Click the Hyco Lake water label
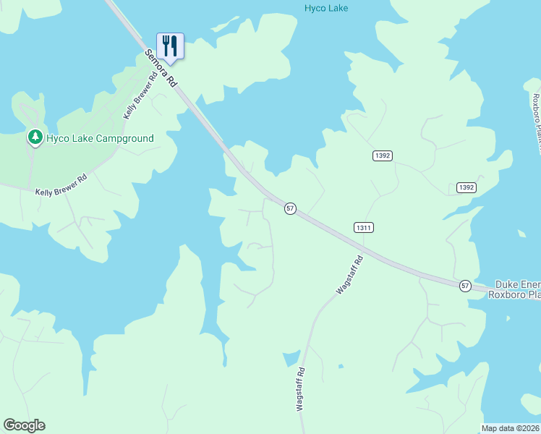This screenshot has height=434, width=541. click(x=325, y=8)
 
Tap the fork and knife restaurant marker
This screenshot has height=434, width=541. click(x=170, y=46)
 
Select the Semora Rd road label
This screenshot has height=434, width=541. click(x=161, y=69)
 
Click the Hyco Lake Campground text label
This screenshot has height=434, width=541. click(x=100, y=138)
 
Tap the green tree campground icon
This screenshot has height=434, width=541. click(x=34, y=137)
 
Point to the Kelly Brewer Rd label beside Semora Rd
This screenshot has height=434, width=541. click(x=140, y=97)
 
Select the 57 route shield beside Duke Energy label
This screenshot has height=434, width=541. click(x=465, y=286)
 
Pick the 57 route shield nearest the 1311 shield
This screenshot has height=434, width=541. click(x=289, y=208)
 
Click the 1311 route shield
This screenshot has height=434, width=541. click(x=364, y=227)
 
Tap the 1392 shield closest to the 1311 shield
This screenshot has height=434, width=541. click(x=383, y=156)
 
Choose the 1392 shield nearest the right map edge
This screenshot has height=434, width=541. click(x=466, y=187)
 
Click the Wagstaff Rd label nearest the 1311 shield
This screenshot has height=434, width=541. click(x=349, y=276)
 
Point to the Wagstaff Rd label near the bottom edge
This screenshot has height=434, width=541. click(x=300, y=389)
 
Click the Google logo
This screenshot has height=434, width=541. click(x=24, y=425)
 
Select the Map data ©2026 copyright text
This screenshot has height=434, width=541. click(x=511, y=428)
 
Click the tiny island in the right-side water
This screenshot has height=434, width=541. click(x=522, y=234)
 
